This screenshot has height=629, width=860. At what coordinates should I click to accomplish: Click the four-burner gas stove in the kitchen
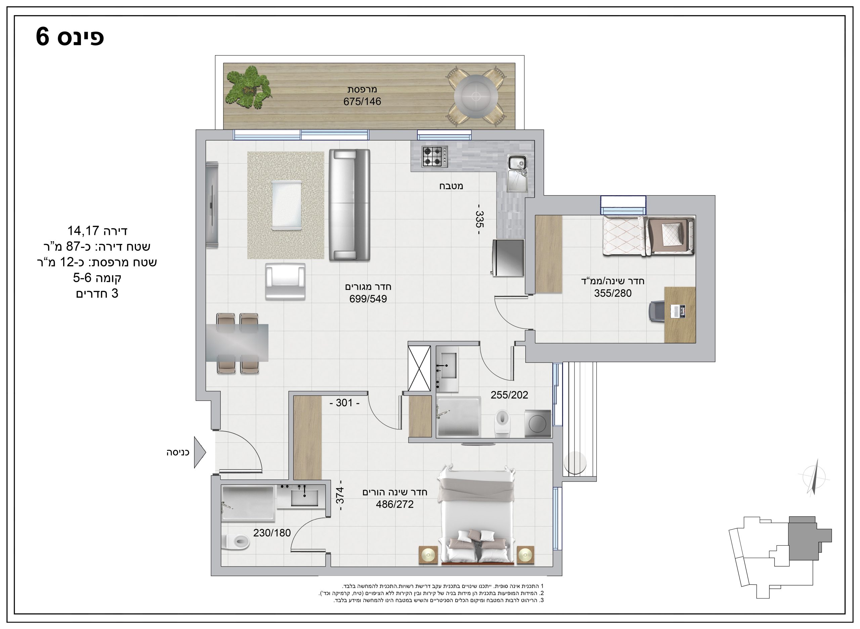point(434,157)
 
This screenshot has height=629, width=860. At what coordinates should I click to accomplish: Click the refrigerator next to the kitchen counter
point(508,258)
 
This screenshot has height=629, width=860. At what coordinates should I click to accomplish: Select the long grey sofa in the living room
point(349,205)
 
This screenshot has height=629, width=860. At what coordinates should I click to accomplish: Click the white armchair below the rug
point(285,281)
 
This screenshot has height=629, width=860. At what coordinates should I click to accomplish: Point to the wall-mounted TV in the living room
point(212,205)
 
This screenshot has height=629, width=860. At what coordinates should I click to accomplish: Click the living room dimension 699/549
point(368,299)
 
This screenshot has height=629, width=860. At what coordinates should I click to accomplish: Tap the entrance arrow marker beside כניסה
point(200,452)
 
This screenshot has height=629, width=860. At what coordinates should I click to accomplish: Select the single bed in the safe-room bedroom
point(648,236)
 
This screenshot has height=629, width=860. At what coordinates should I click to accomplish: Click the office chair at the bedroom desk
point(656,311)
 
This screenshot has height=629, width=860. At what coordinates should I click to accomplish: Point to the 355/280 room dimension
point(612,293)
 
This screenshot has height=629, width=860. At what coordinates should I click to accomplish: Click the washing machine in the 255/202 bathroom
point(538,423)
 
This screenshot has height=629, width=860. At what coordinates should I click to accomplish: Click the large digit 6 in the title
point(43,37)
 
